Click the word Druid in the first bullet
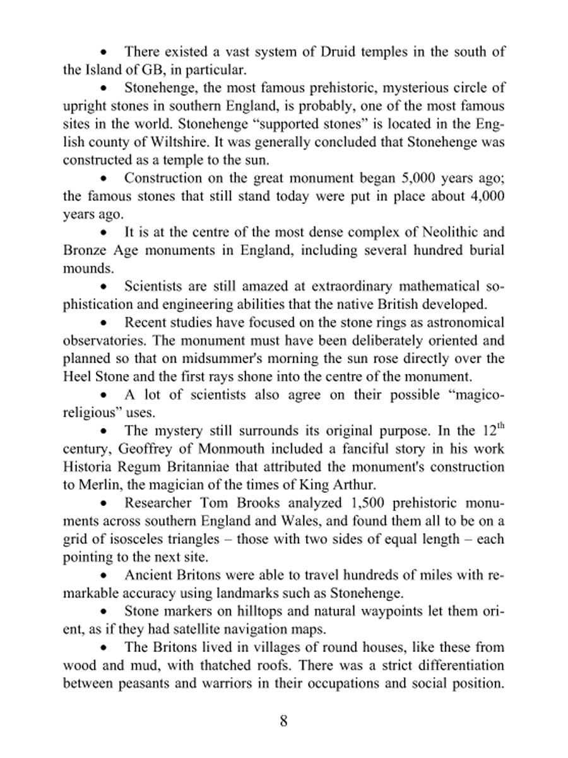coord(323,52)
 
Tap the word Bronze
coord(84,250)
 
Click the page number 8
coord(284,721)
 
